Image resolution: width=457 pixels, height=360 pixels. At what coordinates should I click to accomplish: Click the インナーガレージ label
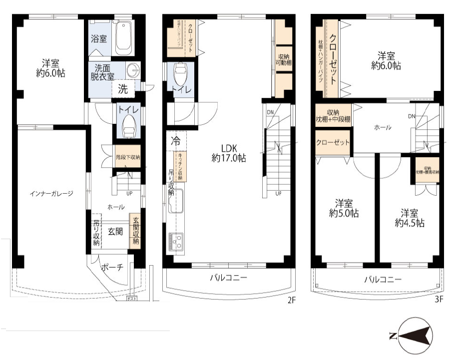tap(51, 194)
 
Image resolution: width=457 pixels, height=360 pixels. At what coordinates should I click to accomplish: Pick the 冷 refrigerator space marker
tap(175, 140)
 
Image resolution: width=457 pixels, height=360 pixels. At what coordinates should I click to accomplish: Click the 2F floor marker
tap(292, 301)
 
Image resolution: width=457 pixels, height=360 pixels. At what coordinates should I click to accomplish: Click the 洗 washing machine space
tap(123, 89)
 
